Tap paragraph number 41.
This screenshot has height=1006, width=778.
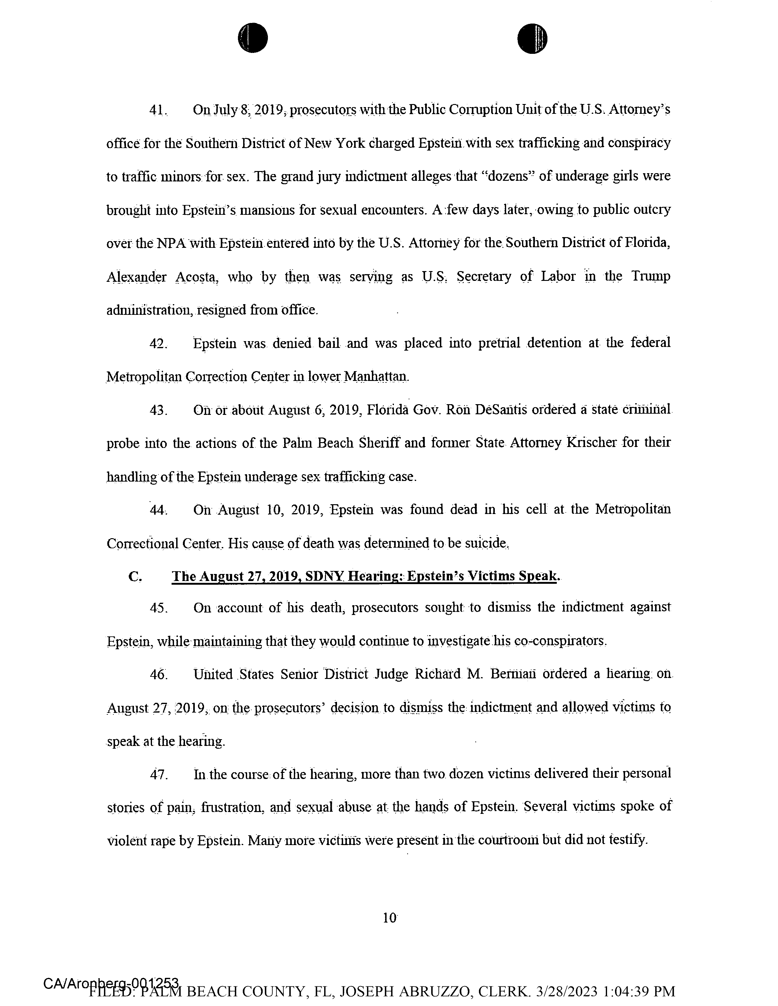(158, 110)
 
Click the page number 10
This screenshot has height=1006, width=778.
(389, 918)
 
